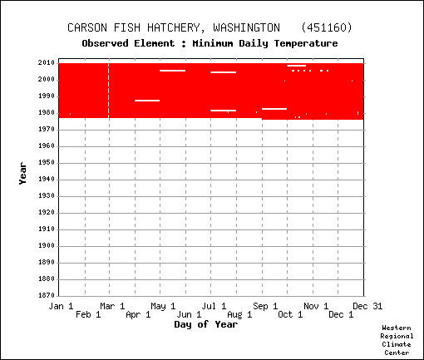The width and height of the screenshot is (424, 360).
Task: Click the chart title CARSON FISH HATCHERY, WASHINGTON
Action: pyautogui.click(x=174, y=27)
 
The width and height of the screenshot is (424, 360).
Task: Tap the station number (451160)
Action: pyautogui.click(x=327, y=27)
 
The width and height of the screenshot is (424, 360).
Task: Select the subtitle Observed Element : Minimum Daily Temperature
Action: pyautogui.click(x=210, y=43)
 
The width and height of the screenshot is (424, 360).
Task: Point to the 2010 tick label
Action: pyautogui.click(x=47, y=63)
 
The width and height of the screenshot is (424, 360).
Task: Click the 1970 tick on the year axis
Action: pyautogui.click(x=47, y=130)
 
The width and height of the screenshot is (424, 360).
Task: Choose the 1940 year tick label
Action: pyautogui.click(x=47, y=180)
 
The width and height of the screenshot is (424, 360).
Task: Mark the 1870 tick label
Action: pyautogui.click(x=47, y=295)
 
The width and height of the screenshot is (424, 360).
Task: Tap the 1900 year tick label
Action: pyautogui.click(x=47, y=246)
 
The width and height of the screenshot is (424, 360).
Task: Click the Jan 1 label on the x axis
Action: pyautogui.click(x=61, y=306)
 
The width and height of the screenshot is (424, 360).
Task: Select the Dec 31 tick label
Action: pyautogui.click(x=367, y=306)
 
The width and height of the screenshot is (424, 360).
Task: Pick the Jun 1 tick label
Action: pyautogui.click(x=189, y=314)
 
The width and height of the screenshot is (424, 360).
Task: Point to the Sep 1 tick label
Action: pyautogui.click(x=265, y=306)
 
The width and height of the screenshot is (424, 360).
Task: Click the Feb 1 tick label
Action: pyautogui.click(x=88, y=314)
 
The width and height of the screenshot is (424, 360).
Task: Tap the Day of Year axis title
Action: pyautogui.click(x=206, y=324)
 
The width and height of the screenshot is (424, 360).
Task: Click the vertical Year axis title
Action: pyautogui.click(x=22, y=174)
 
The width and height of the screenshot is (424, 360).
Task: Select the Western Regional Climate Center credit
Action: pyautogui.click(x=397, y=340)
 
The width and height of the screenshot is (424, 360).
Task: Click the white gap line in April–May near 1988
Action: pyautogui.click(x=147, y=101)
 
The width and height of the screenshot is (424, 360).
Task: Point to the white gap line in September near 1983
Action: pyautogui.click(x=274, y=109)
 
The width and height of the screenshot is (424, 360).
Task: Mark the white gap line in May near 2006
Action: pyautogui.click(x=173, y=71)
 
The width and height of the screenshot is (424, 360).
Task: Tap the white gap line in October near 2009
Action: pyautogui.click(x=297, y=66)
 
